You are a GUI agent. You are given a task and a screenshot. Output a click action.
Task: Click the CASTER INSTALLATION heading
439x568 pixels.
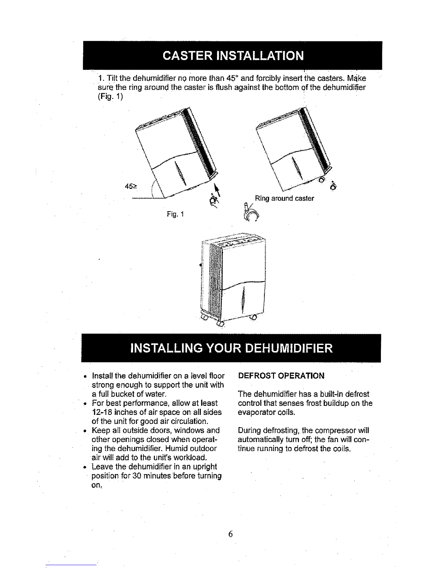pos(233,56)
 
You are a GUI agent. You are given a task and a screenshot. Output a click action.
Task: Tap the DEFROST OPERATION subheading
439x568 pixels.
pos(281,376)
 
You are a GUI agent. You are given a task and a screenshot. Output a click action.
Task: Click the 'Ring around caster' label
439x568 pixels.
pos(284,198)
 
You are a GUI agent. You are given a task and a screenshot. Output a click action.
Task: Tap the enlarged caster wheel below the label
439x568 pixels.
pos(252,215)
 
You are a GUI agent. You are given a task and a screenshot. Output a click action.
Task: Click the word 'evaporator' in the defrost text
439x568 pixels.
pos(255,412)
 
